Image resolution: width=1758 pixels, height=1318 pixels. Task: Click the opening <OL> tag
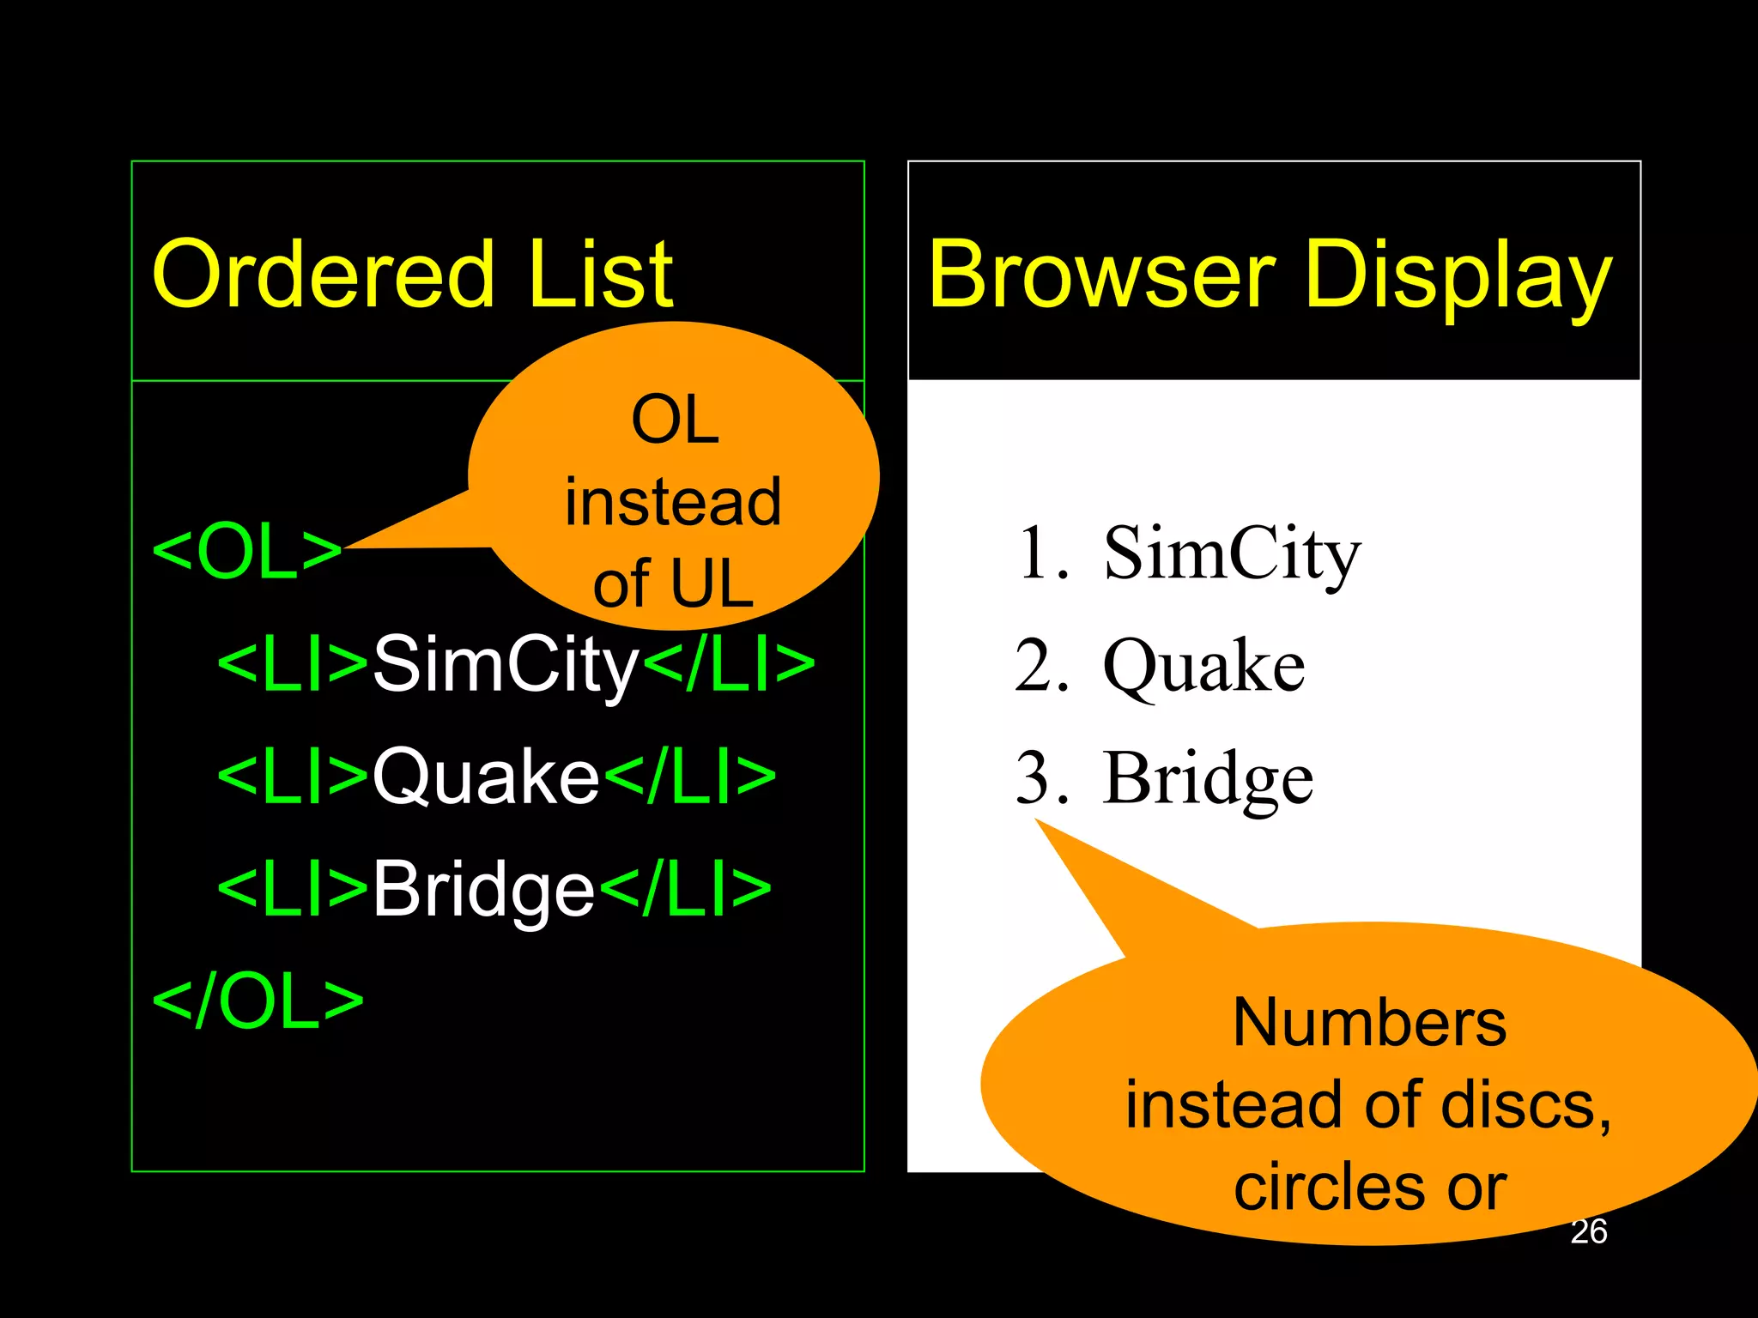(247, 553)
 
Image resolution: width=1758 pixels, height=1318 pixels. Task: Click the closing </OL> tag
(258, 1001)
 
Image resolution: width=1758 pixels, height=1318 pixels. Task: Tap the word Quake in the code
(486, 777)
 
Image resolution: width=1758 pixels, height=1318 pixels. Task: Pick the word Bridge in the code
(483, 890)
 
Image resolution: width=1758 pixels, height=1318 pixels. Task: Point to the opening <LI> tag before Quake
(293, 777)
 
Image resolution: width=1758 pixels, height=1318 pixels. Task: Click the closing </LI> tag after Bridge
(686, 890)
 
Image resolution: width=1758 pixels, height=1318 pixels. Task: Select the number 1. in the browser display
(1042, 553)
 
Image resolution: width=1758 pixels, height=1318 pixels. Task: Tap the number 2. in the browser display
(1042, 666)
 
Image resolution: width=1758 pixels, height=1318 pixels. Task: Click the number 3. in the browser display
(1042, 778)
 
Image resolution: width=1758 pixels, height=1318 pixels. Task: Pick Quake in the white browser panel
(1203, 668)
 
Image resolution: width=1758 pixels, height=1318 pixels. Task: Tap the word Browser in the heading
(1101, 275)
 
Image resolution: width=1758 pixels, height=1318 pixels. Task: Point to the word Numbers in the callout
(1369, 1023)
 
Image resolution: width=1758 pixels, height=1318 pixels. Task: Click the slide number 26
(1588, 1231)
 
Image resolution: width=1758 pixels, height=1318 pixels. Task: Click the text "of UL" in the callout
(673, 584)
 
